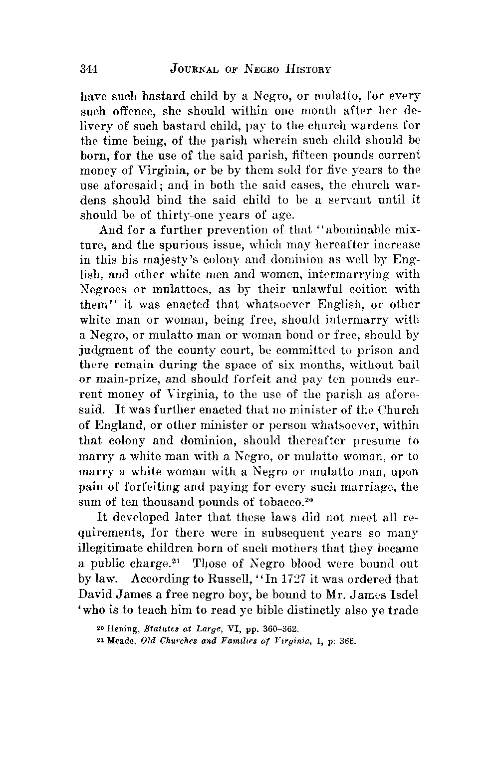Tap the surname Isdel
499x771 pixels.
(403, 595)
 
